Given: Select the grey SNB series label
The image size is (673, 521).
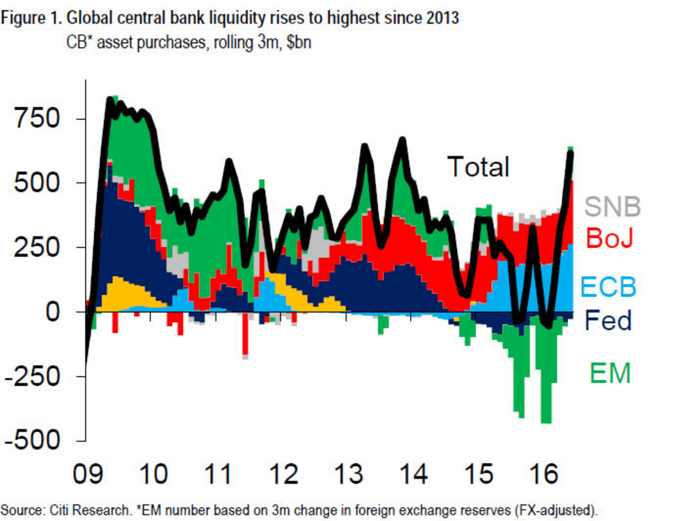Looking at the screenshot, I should coord(612,206).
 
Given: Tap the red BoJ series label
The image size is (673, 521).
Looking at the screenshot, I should coord(610,238).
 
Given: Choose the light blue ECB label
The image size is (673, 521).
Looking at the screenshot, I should coord(608,287).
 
